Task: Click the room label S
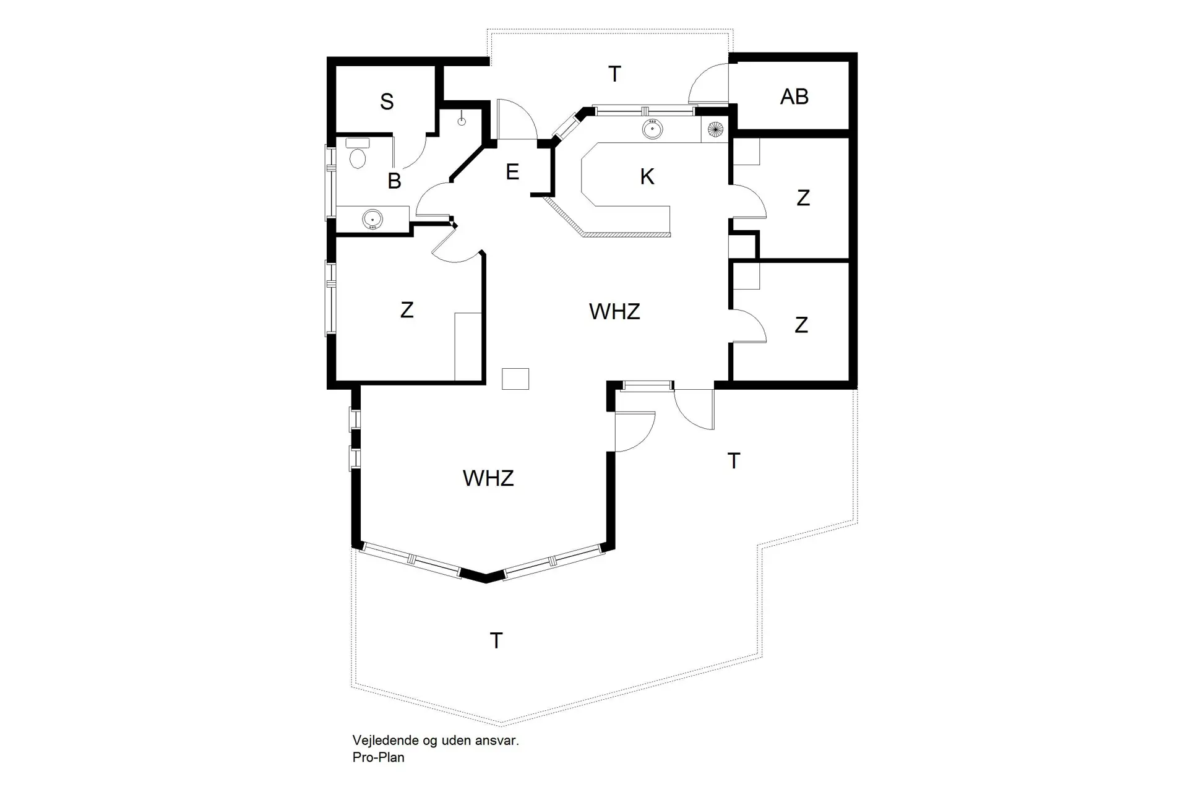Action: (387, 101)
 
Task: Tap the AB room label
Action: (794, 97)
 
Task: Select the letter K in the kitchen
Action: (647, 177)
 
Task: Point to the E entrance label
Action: (512, 172)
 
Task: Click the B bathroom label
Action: (394, 181)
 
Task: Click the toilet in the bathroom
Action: (358, 154)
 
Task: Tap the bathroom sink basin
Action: (372, 219)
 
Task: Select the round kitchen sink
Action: (652, 129)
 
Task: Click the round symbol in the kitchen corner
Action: (716, 130)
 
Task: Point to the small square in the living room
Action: (515, 379)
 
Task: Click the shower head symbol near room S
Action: (462, 119)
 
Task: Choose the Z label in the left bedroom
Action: (407, 310)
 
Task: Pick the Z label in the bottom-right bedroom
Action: (801, 325)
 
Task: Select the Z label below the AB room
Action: (803, 198)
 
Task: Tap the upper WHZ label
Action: (614, 312)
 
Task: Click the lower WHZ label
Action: (488, 478)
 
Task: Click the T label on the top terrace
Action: (614, 74)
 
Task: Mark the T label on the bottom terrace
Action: (496, 641)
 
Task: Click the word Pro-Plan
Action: (379, 757)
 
